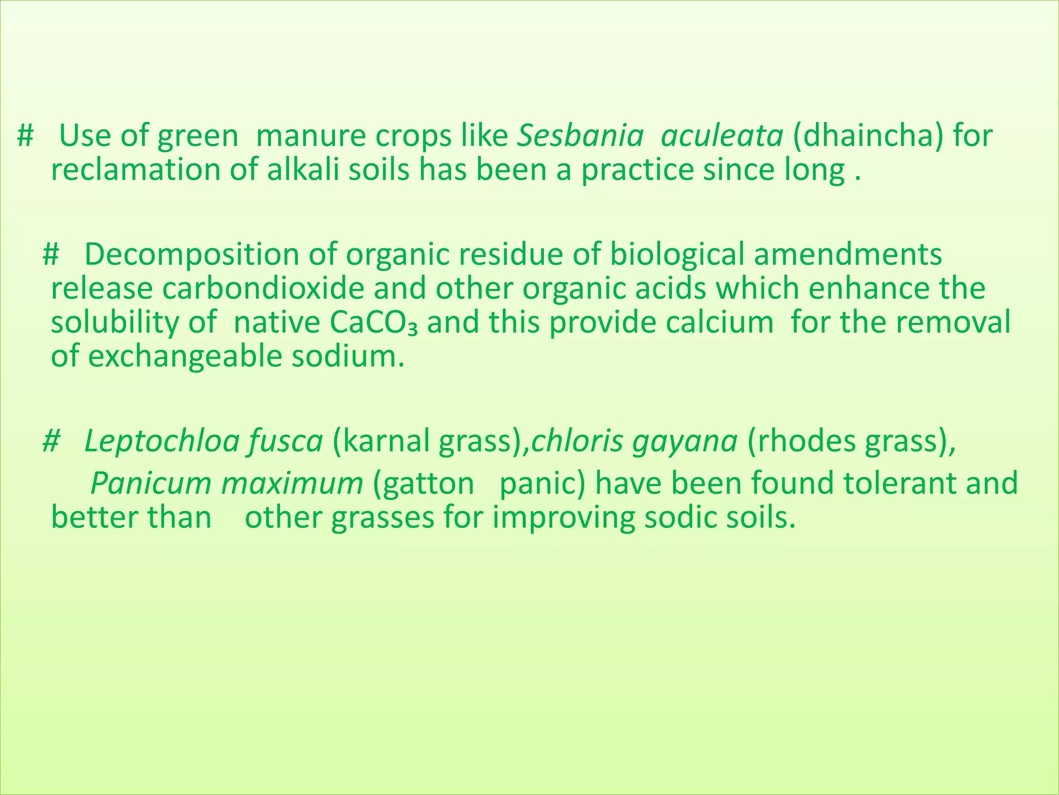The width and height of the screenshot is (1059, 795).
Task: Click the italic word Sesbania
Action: pyautogui.click(x=581, y=137)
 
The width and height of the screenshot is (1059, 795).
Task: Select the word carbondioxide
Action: pyautogui.click(x=263, y=289)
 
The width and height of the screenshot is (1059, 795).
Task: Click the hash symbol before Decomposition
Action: pyautogui.click(x=51, y=255)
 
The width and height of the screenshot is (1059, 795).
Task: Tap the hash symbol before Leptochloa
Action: pyautogui.click(x=51, y=442)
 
